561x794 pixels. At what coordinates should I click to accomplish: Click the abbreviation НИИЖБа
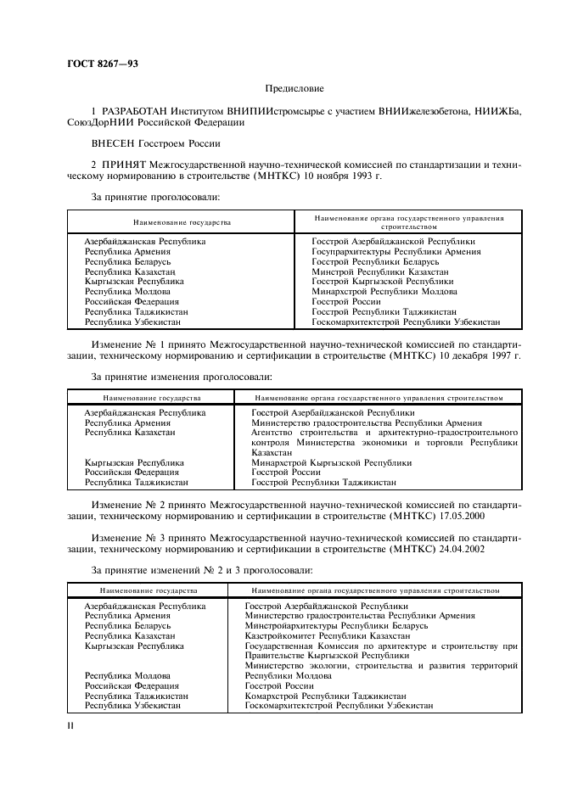coord(499,112)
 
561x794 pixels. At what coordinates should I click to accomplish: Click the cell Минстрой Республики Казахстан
coord(380,271)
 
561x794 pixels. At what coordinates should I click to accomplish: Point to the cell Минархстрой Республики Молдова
coord(384,291)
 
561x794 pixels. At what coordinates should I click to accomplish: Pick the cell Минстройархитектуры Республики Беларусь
coord(336,625)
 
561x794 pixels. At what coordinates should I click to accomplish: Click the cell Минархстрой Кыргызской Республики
coord(331,462)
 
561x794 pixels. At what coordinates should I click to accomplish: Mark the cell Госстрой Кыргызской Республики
coord(382,281)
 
